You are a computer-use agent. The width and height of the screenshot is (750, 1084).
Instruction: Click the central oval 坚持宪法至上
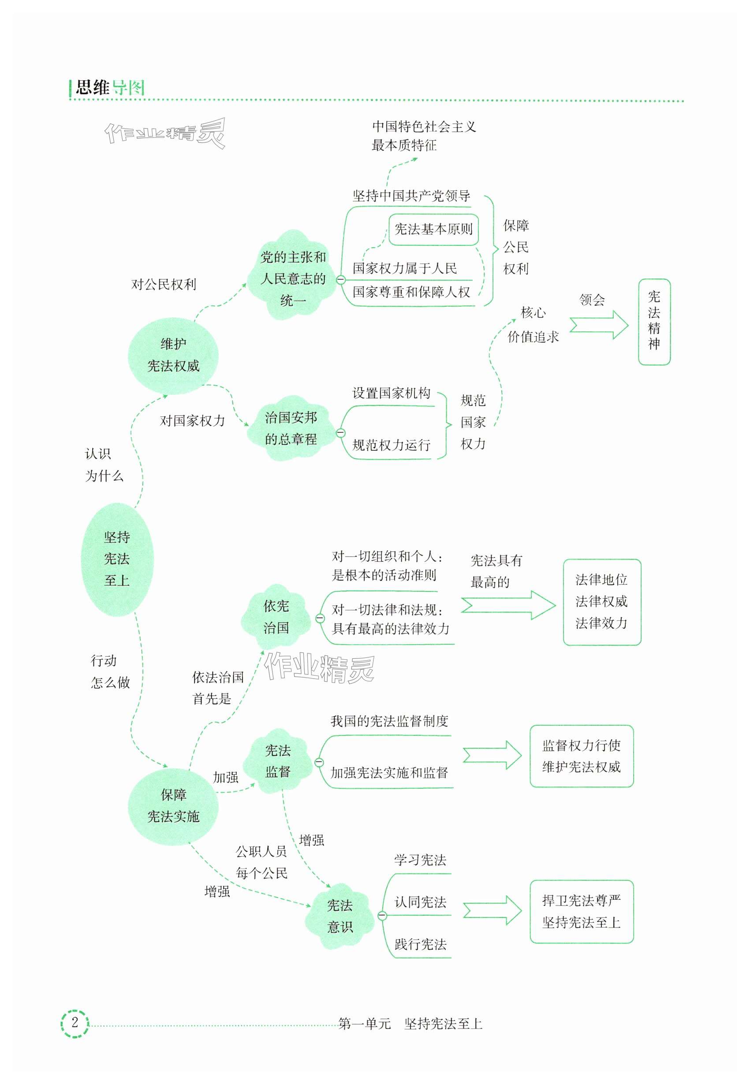(117, 559)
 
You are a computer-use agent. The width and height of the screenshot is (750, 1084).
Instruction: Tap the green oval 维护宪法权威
(173, 356)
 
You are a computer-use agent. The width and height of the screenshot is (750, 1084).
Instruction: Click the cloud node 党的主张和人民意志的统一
(293, 278)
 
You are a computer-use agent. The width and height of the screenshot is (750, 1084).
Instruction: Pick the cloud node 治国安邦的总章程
(291, 428)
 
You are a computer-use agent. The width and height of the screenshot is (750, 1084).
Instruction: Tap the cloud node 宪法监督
(278, 761)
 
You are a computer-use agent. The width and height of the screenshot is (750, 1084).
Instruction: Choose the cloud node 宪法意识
(340, 916)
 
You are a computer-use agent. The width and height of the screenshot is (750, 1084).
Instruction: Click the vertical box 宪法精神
(654, 322)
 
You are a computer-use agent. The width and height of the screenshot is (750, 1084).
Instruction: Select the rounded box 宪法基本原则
(433, 229)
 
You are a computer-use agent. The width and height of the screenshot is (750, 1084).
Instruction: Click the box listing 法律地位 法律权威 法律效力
(601, 601)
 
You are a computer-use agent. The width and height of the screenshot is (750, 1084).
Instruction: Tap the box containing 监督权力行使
(581, 756)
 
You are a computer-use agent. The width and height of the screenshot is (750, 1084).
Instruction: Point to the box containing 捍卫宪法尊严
(581, 912)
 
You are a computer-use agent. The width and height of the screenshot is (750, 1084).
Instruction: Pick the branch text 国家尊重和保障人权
(411, 292)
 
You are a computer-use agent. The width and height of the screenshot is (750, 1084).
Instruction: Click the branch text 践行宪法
(420, 944)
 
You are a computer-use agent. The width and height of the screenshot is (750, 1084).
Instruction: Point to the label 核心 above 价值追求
(533, 312)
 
